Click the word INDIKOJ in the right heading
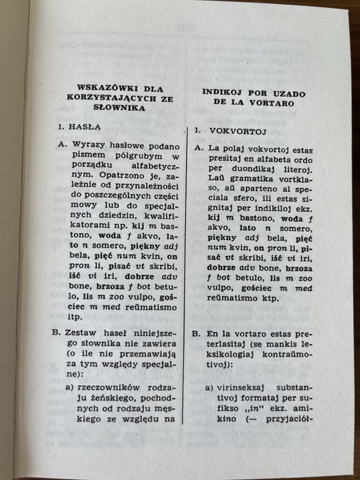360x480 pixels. tap(226, 92)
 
